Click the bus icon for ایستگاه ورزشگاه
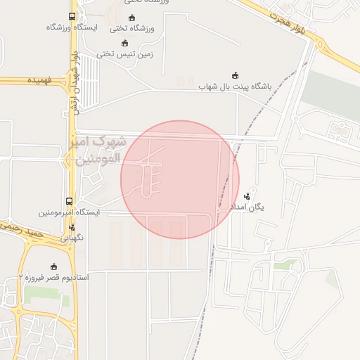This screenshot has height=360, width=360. pos(72,16)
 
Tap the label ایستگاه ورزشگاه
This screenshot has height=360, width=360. pos(72,27)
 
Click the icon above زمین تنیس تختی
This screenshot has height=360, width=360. pos(125,42)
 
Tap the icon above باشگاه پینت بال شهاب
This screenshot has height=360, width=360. pos(235,75)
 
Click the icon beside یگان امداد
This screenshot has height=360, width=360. pos(246,196)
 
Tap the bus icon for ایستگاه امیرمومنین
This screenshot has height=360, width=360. pos(69,201)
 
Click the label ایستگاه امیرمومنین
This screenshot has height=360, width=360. pos(69,212)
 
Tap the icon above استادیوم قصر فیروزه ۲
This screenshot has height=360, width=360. pos(53,266)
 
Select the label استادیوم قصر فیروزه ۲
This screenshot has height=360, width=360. pos(53,278)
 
